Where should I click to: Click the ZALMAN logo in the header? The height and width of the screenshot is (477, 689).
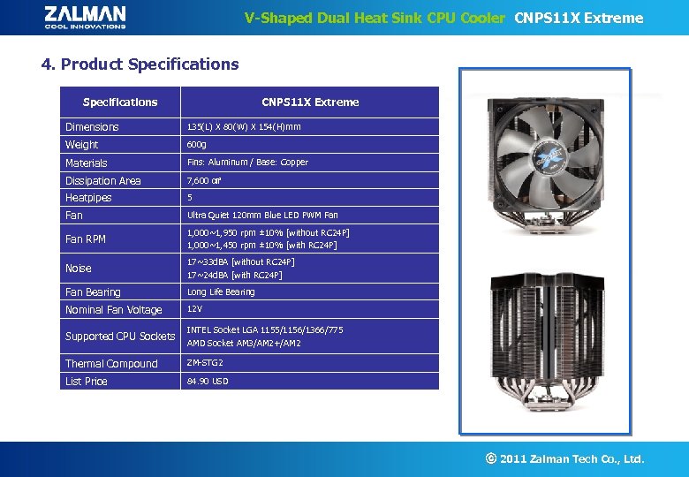coord(85,17)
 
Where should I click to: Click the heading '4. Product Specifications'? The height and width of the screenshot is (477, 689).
coord(140,64)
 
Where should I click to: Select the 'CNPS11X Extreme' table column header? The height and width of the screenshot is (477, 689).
coord(310,102)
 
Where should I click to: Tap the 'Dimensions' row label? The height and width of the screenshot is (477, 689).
coord(92,127)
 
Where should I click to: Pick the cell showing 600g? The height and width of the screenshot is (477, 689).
coord(196,145)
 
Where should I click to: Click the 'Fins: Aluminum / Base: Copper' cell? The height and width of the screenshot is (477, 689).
coord(246,163)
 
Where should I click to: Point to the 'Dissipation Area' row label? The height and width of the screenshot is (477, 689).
coord(102,181)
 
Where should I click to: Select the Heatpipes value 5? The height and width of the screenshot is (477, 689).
coord(189,198)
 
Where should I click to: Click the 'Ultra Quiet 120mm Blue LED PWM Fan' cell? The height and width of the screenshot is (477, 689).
coord(261,216)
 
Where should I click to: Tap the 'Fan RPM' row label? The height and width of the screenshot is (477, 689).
coord(86,239)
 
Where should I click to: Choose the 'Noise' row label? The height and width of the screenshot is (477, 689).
coord(79,269)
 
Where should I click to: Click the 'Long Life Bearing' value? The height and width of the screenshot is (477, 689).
coord(220,292)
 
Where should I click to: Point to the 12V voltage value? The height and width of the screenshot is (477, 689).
coord(194,309)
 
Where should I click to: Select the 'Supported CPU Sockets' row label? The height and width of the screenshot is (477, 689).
coord(120,337)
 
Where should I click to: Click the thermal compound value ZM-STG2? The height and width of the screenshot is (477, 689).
coord(204,363)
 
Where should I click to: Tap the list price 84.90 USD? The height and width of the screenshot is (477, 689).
coord(207,382)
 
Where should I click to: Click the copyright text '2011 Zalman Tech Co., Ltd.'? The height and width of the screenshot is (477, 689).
coord(572,459)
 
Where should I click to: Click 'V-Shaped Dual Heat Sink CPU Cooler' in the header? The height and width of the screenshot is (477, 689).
coord(375,18)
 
